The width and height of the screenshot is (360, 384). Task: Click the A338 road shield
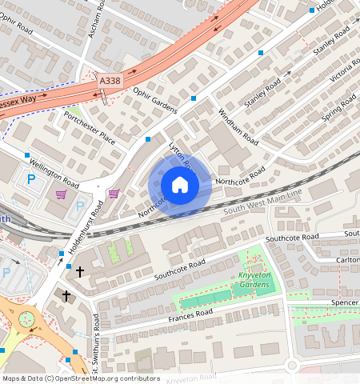click(110, 82)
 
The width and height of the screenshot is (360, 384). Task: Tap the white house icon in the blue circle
click(180, 186)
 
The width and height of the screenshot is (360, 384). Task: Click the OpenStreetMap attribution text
click(81, 378)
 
